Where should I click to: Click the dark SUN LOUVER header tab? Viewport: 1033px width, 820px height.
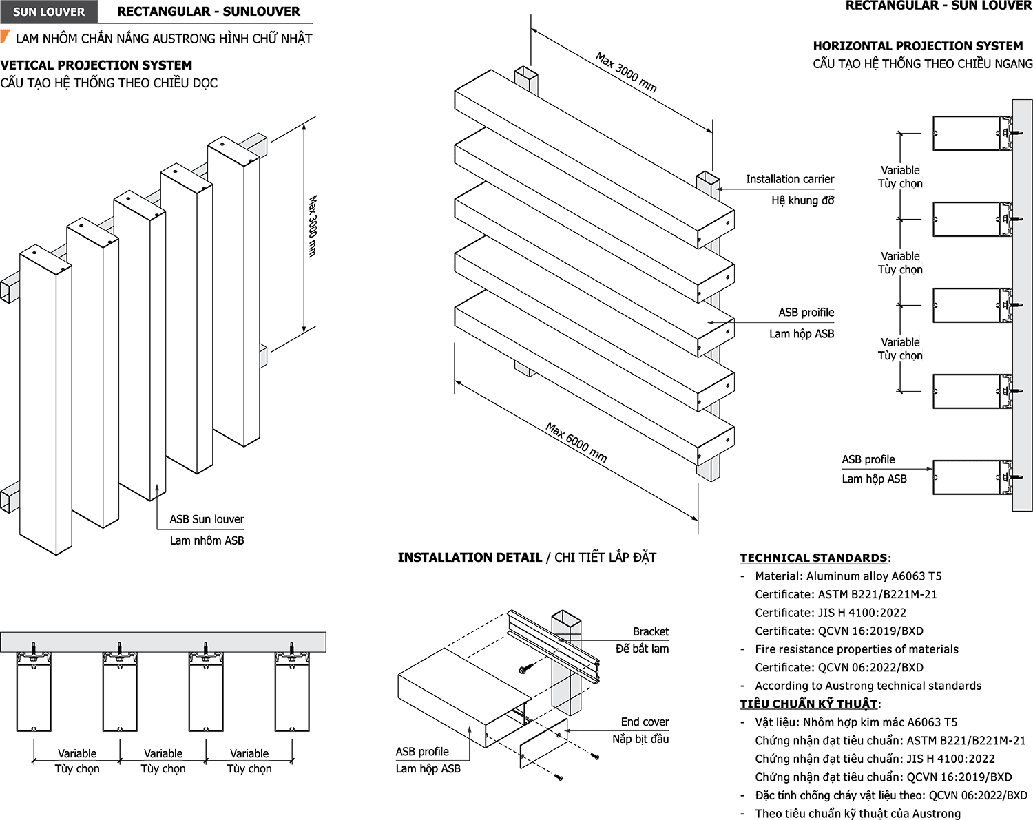tap(48, 12)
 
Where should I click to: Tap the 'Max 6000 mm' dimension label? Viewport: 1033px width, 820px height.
tap(576, 442)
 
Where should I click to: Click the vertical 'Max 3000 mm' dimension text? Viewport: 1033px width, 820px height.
tap(313, 226)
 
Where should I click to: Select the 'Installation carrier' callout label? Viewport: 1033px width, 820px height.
tap(790, 179)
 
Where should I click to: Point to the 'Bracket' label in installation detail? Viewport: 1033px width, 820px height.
tap(650, 631)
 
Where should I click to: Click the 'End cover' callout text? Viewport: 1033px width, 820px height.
tap(645, 722)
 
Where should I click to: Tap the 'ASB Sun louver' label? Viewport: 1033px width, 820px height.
tap(207, 519)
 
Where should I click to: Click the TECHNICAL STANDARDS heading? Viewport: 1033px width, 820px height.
tap(813, 558)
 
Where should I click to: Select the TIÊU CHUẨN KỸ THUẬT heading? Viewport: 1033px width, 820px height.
tap(808, 704)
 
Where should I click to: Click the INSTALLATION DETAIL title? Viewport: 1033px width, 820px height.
tap(470, 558)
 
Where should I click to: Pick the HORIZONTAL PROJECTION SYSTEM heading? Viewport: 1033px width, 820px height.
tap(918, 46)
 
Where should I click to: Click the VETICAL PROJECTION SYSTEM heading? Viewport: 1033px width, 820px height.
tap(96, 65)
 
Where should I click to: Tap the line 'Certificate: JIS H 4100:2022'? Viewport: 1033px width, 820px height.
tap(831, 613)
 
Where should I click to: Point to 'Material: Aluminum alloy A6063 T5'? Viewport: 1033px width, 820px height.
tap(848, 576)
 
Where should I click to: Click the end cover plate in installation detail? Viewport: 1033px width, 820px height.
tap(543, 742)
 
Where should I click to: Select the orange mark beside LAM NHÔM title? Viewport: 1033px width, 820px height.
tap(5, 36)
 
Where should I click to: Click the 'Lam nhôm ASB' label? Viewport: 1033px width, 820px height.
tap(207, 540)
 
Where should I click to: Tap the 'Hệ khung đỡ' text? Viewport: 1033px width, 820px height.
tap(802, 200)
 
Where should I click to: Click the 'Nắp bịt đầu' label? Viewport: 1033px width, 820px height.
tap(640, 739)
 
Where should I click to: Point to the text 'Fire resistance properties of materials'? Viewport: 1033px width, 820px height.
tap(856, 649)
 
